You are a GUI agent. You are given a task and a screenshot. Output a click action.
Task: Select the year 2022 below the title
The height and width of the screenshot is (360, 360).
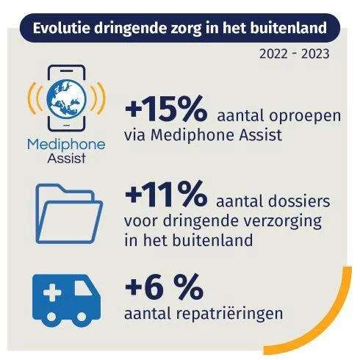[x=273, y=54]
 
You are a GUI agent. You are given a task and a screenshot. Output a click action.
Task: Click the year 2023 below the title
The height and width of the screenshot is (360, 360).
[x=315, y=54]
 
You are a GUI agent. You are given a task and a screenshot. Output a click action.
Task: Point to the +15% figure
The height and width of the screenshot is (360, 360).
[x=166, y=109]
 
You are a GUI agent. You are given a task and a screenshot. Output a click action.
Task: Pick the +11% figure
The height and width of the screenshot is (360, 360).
[x=166, y=194]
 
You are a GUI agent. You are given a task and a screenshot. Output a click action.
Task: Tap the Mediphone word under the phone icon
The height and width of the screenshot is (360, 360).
[x=66, y=145]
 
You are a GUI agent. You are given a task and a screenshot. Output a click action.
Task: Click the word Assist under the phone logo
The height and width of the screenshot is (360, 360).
[x=66, y=158]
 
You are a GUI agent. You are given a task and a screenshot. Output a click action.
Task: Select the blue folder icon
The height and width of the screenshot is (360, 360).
[x=69, y=214]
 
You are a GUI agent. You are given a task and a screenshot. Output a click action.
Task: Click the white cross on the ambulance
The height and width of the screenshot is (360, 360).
[x=52, y=292]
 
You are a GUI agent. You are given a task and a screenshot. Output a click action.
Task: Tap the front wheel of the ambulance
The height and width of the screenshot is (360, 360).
[x=82, y=317]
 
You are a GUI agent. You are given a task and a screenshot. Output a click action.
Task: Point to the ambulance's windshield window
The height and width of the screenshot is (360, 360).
[x=83, y=288]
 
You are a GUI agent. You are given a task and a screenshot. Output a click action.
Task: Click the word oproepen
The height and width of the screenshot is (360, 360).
[x=305, y=116]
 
